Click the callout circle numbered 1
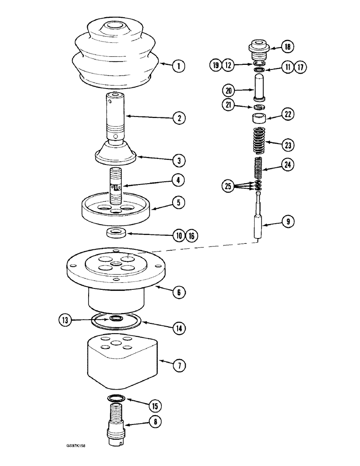[x=178, y=66]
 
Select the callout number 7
[x=178, y=366]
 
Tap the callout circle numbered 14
[x=178, y=328]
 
